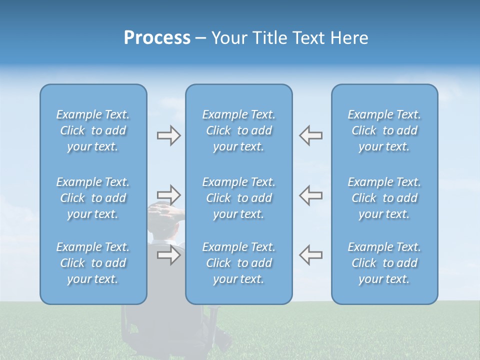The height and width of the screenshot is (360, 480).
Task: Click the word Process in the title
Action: pos(157,38)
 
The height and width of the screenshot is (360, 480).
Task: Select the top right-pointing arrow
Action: pos(168,135)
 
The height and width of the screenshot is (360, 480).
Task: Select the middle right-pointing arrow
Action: pos(168,194)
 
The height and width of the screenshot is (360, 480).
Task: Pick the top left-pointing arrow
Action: pos(310,135)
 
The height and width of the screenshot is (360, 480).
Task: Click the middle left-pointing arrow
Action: pos(310,194)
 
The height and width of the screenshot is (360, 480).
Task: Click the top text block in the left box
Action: pos(93,130)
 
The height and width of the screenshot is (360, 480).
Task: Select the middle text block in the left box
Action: pos(93,198)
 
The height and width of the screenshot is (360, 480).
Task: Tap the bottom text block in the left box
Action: pos(93,263)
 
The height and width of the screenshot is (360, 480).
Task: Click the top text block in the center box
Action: pos(238,130)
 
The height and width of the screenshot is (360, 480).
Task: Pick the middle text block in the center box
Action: pos(238,198)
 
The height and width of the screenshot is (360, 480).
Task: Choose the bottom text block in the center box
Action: pos(238,263)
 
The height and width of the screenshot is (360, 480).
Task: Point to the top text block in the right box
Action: pos(384,130)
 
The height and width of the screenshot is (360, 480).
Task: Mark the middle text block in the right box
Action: pos(384,198)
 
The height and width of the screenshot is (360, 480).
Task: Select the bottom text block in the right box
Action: pos(384,263)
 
